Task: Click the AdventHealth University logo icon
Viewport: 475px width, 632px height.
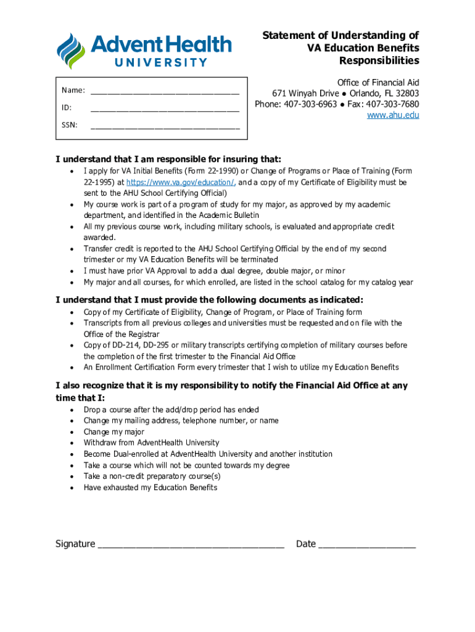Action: coord(73,51)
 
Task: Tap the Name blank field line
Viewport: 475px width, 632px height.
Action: coord(165,91)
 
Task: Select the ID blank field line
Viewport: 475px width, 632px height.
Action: coord(165,109)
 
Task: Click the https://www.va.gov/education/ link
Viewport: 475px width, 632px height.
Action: coord(181,183)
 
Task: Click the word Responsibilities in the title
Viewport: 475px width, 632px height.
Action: coord(379,60)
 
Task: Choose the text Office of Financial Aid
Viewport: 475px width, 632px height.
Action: coord(378,83)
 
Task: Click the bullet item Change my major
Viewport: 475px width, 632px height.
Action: coord(114,432)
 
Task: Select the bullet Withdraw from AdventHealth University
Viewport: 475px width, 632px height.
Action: coord(151,443)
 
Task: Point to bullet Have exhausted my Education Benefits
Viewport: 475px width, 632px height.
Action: coord(151,488)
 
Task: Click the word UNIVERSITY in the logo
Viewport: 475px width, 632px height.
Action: coord(162,62)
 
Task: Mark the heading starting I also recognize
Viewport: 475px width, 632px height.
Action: coord(231,391)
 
